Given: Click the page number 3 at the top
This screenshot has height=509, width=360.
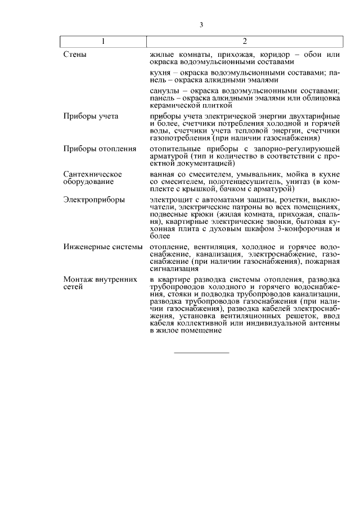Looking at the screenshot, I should coord(201,25).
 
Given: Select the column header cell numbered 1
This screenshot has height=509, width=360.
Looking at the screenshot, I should coord(103,42).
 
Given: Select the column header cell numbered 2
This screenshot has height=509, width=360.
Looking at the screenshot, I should coord(245,42).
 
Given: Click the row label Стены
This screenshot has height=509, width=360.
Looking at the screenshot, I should coord(74,55).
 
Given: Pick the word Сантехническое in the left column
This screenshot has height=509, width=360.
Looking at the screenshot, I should coord(93,174).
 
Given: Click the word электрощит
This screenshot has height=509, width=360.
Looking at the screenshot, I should coord(171,200).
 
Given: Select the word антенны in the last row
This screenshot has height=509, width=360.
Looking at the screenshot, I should coord(325,323).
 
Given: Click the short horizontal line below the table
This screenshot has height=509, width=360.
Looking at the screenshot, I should coord(201,353).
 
